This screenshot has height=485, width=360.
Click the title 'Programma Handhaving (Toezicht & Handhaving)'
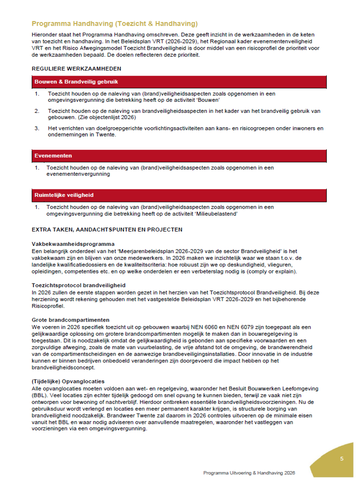click(x=114, y=24)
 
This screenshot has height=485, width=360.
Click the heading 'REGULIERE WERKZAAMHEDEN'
click(x=76, y=68)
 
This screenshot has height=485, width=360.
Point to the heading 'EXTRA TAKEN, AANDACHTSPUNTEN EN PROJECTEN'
click(x=107, y=230)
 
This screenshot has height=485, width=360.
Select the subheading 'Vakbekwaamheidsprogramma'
click(x=73, y=244)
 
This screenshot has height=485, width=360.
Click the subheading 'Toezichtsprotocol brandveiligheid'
click(x=79, y=285)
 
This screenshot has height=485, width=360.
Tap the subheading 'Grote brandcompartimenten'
click(x=70, y=320)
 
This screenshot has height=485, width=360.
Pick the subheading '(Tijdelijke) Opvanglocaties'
click(x=68, y=381)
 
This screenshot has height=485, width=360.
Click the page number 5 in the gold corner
click(x=342, y=458)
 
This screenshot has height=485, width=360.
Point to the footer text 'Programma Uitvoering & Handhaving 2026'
click(x=249, y=473)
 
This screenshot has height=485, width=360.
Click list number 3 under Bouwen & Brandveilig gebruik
click(x=37, y=128)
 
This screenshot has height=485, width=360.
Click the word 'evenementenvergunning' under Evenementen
click(x=78, y=174)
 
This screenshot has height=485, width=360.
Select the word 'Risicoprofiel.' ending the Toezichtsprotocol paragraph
click(x=48, y=306)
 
